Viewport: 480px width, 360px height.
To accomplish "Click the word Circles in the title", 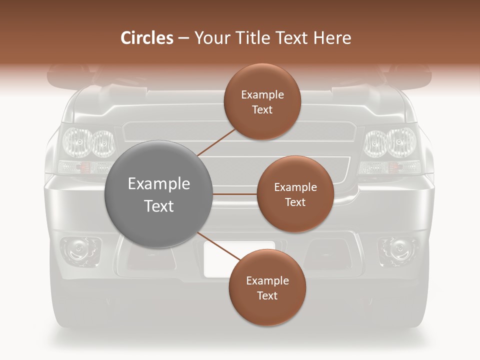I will [x=147, y=37].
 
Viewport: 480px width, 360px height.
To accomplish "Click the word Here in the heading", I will [x=332, y=37].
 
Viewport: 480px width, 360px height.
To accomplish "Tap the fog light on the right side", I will [x=398, y=248].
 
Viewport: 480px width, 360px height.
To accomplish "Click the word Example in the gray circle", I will [x=158, y=184].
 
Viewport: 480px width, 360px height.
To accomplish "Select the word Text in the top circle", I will [x=262, y=110].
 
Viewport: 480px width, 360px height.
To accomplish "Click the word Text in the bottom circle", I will [x=267, y=296].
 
